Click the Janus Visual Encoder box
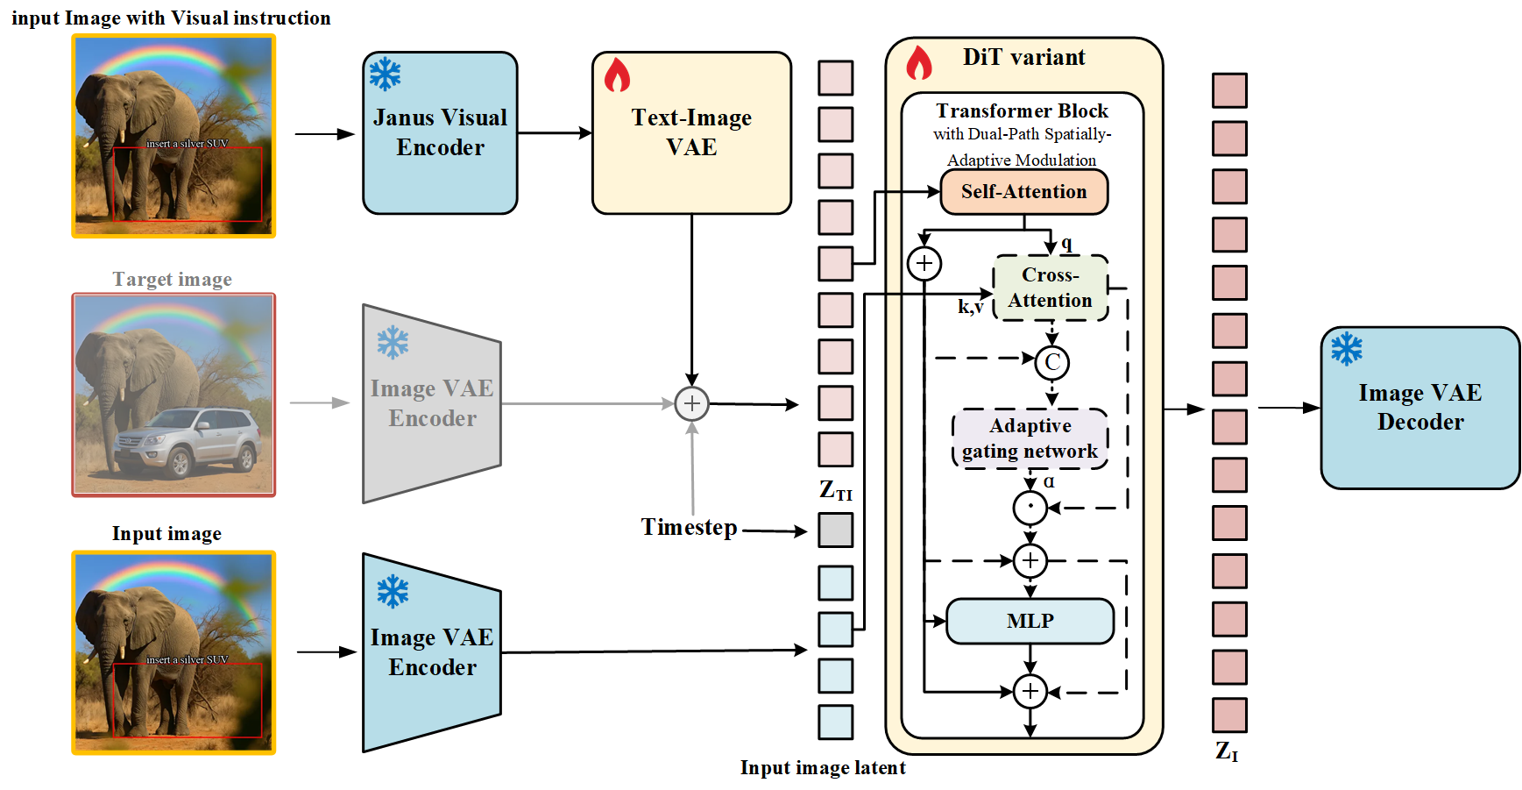coord(440,133)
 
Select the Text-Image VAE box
coord(691,133)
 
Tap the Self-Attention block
coord(1023,192)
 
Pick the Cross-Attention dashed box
coord(1050,288)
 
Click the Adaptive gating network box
coord(1030,438)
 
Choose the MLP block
coord(1030,621)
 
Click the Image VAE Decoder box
coord(1419,408)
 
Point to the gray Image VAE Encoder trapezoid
coord(431,403)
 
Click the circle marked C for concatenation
coord(1051,362)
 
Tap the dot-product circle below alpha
coord(1030,508)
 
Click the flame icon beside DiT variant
coord(918,63)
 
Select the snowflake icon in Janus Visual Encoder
coord(385,75)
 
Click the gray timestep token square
coord(835,530)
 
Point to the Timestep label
coord(689,527)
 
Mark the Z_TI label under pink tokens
coord(835,490)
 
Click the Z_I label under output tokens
coord(1227,751)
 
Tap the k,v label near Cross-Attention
coord(970,307)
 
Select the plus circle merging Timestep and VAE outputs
coord(691,403)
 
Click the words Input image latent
coord(822,768)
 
